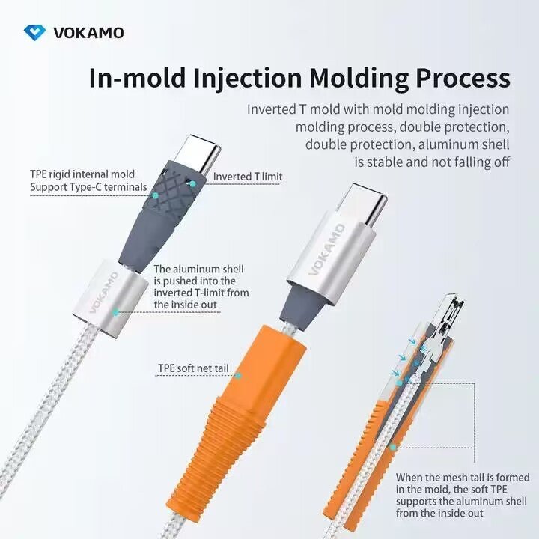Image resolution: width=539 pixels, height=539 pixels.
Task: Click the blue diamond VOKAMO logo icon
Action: (34, 33)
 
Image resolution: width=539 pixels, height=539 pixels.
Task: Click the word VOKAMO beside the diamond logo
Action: (88, 33)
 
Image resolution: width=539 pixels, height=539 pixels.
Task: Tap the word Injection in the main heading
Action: (248, 78)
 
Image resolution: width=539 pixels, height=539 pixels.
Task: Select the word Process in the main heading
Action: (463, 77)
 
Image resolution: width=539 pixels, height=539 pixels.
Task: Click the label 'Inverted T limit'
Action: (248, 177)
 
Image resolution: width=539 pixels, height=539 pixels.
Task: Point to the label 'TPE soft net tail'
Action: (193, 368)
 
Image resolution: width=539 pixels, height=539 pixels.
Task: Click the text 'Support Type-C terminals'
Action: (88, 187)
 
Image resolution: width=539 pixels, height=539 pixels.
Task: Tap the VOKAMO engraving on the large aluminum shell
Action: (327, 249)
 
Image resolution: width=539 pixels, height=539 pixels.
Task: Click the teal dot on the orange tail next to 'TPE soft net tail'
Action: (237, 375)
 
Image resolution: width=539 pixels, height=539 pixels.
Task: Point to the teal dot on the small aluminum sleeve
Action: (116, 312)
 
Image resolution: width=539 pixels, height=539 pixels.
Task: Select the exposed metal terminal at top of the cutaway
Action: (447, 316)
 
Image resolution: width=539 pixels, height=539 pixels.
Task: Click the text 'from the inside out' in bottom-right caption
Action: (439, 513)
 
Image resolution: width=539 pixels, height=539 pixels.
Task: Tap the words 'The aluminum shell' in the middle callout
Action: (198, 269)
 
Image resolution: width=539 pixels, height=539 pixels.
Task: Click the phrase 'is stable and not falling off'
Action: (432, 162)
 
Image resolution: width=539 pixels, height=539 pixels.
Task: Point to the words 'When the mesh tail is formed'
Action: (463, 477)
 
